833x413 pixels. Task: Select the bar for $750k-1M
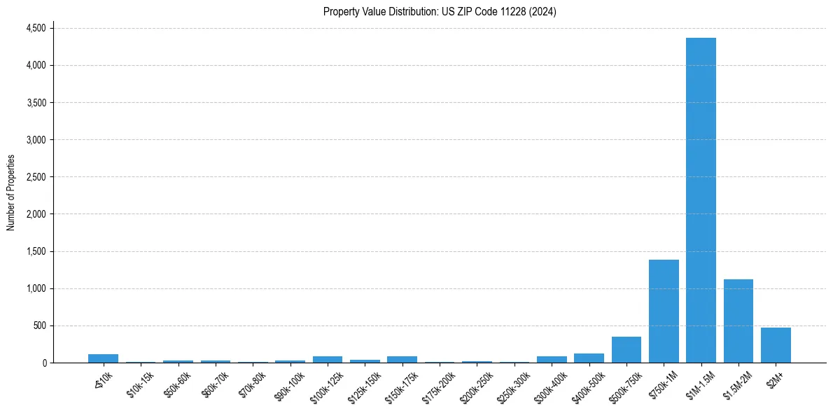coord(664,311)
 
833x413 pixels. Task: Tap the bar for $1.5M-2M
coord(738,321)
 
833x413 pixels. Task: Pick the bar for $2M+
coord(776,345)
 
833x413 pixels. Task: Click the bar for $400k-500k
coord(589,358)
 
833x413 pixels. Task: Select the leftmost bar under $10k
coord(103,358)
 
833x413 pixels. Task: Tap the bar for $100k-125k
coord(327,359)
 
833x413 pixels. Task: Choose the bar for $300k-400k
coord(552,359)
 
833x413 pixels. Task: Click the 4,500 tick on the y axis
coord(36,28)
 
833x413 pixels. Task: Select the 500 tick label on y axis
coord(39,325)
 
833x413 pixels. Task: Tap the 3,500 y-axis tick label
coord(36,102)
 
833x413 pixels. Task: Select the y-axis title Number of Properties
coord(10,192)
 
